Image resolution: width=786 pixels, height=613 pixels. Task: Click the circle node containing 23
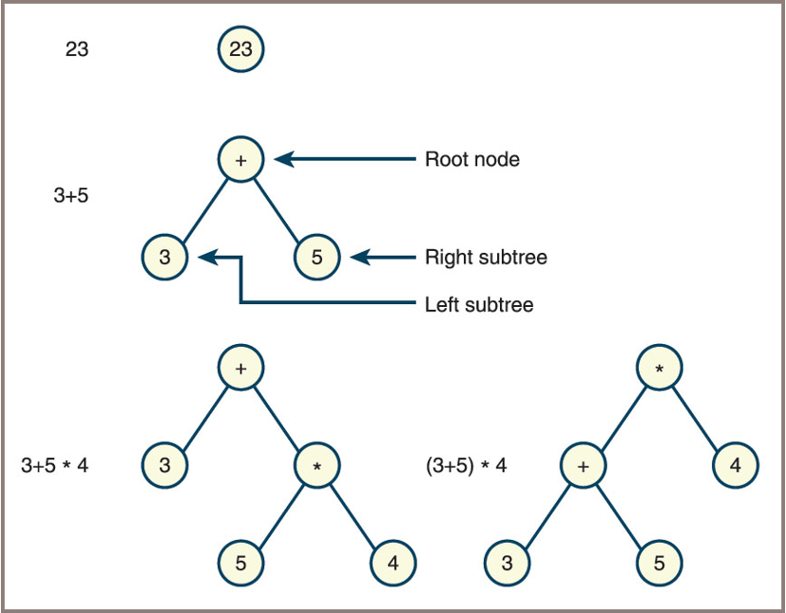(240, 48)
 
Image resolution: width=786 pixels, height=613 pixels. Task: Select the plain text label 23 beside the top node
(77, 49)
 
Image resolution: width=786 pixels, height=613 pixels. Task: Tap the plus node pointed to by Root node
(240, 160)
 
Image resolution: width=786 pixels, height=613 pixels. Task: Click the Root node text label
(471, 160)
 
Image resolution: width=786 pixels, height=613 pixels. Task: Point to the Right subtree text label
(486, 257)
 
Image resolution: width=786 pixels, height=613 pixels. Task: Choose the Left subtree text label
(479, 305)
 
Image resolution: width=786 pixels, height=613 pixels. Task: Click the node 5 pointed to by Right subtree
(316, 257)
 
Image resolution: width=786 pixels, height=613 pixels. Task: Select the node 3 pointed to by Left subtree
(164, 257)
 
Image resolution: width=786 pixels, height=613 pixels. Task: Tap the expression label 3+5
(71, 197)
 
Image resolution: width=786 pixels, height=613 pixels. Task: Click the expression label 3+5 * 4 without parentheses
(54, 466)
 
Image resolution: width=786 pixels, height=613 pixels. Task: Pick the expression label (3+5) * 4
(466, 466)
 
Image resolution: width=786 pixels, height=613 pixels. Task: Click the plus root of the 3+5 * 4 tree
(240, 368)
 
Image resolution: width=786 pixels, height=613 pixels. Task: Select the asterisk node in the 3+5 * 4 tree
(316, 466)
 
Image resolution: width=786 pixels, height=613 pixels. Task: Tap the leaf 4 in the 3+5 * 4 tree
(393, 563)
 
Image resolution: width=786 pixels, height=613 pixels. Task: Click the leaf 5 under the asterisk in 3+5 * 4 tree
(240, 563)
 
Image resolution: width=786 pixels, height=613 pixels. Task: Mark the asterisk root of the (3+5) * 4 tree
(659, 368)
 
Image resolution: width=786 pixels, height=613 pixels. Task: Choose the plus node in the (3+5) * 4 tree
(583, 466)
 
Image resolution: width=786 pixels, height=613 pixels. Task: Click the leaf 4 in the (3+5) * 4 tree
(735, 466)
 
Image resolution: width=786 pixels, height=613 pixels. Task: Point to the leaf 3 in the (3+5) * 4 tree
(507, 563)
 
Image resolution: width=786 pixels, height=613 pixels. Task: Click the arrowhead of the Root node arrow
(283, 160)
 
